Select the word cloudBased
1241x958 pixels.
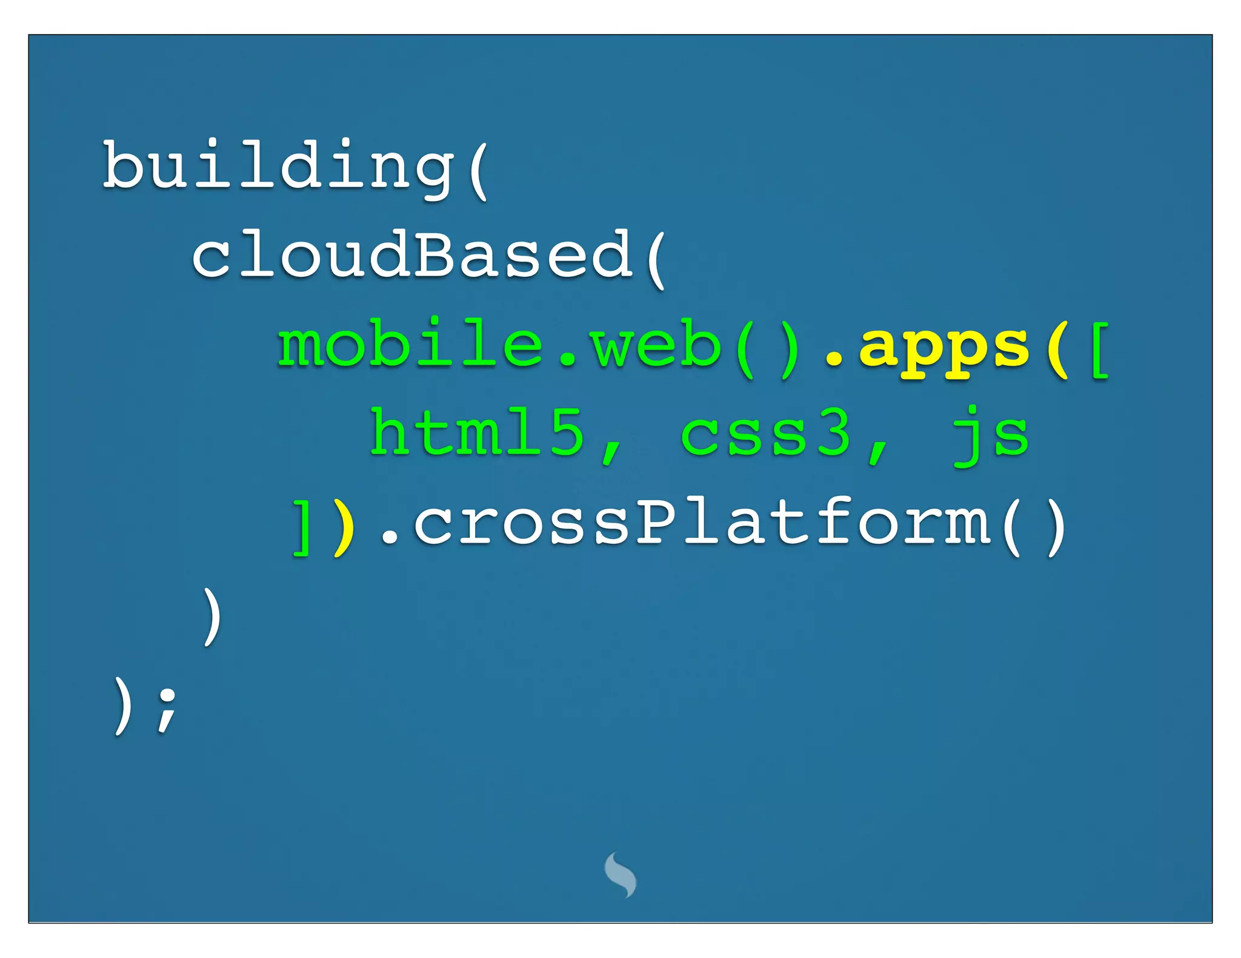(412, 256)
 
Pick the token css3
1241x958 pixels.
(766, 434)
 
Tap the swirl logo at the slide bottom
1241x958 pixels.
(620, 874)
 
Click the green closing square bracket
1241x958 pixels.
(301, 527)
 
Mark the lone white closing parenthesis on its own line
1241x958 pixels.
(211, 616)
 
